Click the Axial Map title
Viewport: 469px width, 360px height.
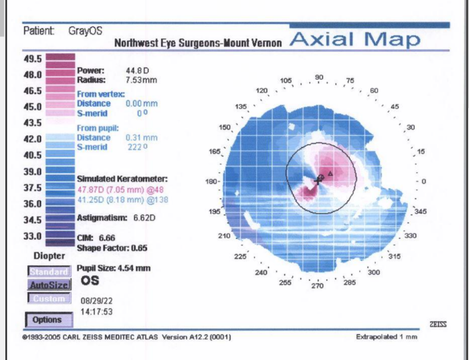pos(355,40)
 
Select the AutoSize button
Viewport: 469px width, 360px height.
pos(49,285)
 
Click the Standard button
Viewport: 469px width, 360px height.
pos(49,272)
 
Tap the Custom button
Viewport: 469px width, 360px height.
pos(49,299)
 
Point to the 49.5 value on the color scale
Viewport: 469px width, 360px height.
pos(33,59)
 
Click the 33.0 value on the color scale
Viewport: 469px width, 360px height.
pos(33,236)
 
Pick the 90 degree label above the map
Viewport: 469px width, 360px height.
pos(319,78)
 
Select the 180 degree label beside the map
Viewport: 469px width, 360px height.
pos(211,182)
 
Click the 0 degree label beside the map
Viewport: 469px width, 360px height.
pos(424,182)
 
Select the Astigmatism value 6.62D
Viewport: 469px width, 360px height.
pos(144,218)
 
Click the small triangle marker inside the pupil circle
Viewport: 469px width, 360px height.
pos(330,174)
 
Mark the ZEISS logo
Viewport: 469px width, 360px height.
pos(438,324)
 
